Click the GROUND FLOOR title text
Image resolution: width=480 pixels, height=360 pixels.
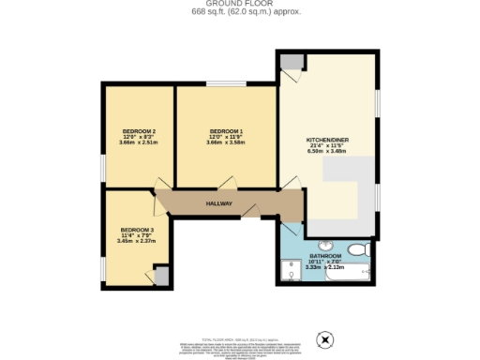(x=239, y=4)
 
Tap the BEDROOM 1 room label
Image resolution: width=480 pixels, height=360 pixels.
(x=226, y=129)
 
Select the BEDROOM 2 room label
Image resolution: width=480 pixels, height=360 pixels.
(x=138, y=129)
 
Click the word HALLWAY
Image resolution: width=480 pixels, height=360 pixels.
(x=220, y=202)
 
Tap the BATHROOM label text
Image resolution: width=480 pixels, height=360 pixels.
(x=325, y=256)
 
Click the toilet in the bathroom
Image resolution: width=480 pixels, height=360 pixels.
(x=356, y=249)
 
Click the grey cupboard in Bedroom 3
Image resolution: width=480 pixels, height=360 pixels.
(x=161, y=276)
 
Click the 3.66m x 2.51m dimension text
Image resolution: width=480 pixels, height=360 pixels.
(x=138, y=141)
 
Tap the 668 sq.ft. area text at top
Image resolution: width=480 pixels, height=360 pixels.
(x=239, y=12)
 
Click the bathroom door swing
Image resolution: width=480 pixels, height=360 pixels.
(x=289, y=227)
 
